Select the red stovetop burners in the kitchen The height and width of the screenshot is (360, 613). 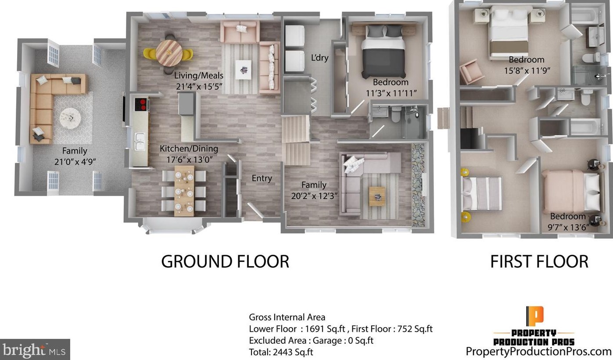142,104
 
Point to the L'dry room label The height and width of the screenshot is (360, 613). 319,57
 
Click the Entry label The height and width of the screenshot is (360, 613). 262,178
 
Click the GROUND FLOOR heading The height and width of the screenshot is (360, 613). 225,261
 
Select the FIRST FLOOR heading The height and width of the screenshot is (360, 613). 539,261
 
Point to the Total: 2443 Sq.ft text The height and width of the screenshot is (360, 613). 281,352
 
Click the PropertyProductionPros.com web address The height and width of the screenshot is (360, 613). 538,352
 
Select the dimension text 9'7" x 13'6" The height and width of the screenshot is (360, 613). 568,227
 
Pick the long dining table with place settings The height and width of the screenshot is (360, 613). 184,191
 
